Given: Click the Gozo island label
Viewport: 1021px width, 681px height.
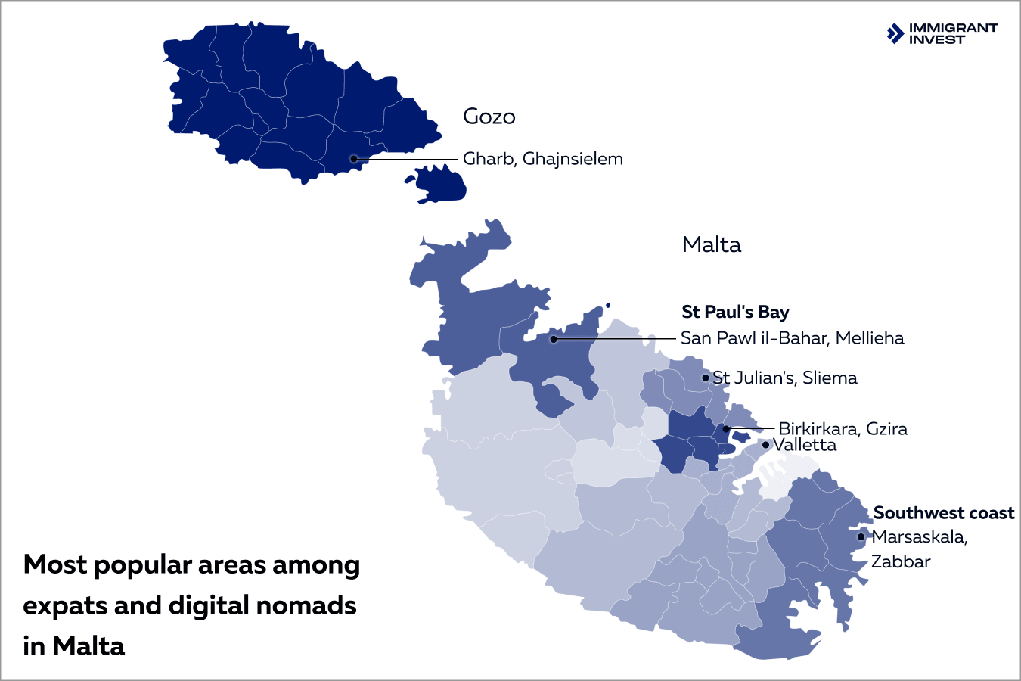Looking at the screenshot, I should pos(489,117).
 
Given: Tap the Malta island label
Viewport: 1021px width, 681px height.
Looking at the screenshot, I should pos(711,244).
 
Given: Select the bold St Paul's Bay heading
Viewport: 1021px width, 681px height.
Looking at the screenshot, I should pos(735,312).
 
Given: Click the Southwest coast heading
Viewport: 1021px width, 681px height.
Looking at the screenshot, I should pos(943,513).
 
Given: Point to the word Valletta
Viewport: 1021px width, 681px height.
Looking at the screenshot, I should pos(805,445).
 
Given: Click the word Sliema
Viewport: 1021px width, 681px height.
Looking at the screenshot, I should pos(830,378).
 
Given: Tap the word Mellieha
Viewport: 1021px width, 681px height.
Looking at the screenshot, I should pos(870,338).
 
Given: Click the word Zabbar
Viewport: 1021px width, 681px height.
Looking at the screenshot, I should pos(900,561).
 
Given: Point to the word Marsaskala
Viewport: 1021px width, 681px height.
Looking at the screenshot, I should pos(919,537).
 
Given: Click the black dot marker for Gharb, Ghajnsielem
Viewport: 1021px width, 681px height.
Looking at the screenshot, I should pos(353,159).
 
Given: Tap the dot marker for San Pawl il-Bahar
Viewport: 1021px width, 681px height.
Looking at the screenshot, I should pos(553,339).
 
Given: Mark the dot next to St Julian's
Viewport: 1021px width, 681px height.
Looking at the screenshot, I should pos(706,378).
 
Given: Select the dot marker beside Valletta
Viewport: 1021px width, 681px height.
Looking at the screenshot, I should pos(765,445).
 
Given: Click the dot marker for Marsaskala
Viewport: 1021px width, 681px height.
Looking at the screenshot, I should pos(861,537).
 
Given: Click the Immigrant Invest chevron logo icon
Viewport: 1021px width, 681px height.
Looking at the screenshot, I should pos(895,33).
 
